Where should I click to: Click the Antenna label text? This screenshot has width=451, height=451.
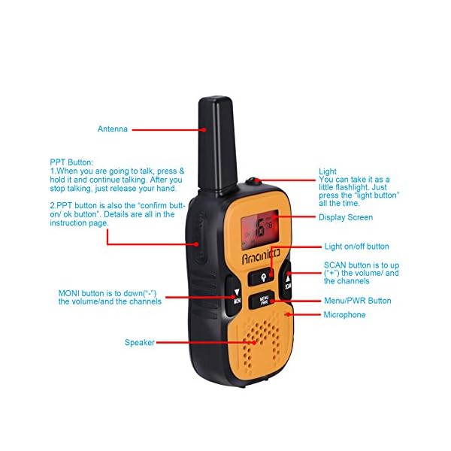[x=113, y=129]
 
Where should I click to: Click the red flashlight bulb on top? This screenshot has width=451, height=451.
[x=255, y=181]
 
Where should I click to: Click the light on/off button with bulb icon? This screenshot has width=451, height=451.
[x=264, y=276]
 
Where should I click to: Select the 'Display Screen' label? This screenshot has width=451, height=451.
[x=345, y=218]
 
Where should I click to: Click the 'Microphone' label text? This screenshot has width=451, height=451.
[x=344, y=315]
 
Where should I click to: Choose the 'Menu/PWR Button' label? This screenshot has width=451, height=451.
[x=357, y=301]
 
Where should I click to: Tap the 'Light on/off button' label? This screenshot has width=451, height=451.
[x=356, y=247]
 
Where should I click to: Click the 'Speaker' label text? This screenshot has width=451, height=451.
[x=139, y=343]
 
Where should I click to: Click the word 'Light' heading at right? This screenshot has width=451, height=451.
[x=328, y=171]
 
